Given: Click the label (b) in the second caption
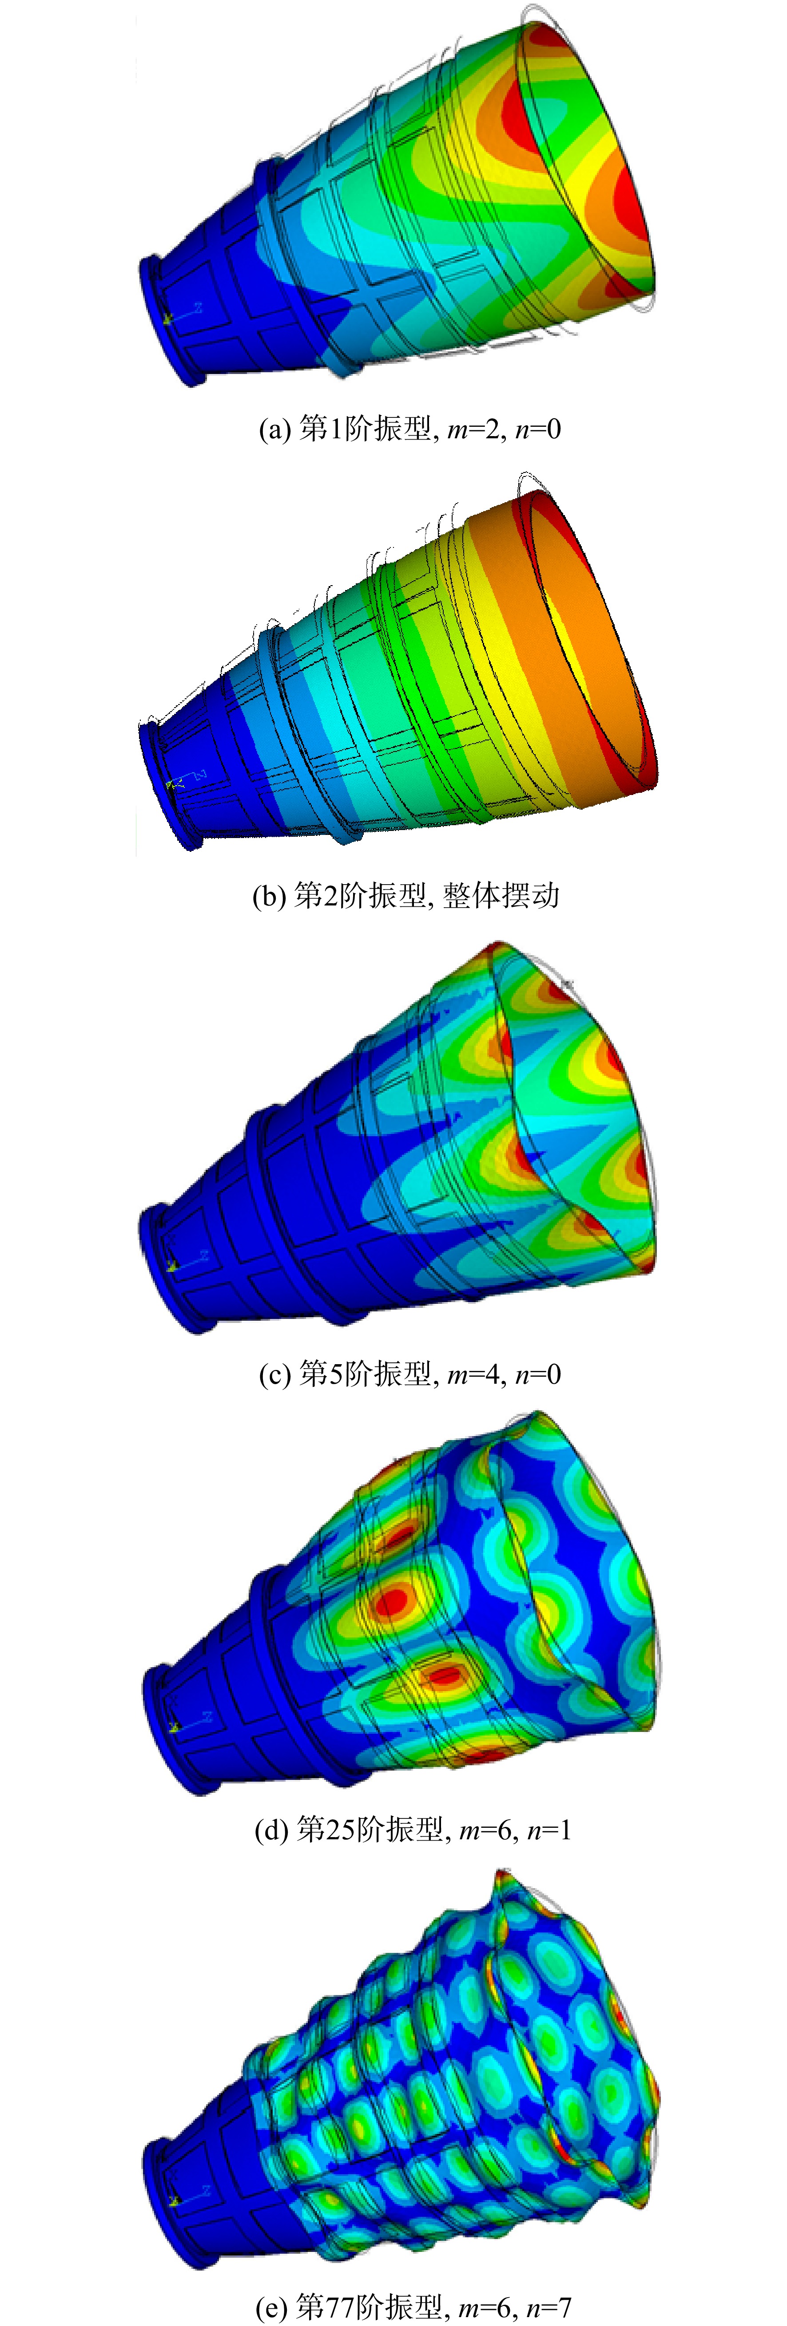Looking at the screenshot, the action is (x=268, y=896).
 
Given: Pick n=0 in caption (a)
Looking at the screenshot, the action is (x=537, y=429).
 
